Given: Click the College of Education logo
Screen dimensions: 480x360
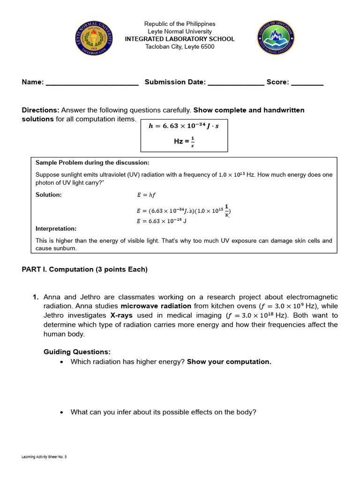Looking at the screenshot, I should [x=276, y=39].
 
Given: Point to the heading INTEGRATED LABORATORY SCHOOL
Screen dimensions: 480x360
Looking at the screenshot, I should [x=180, y=39].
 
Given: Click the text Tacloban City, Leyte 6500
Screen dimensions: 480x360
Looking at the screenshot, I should [x=180, y=46].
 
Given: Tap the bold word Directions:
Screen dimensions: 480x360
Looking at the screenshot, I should [x=40, y=110].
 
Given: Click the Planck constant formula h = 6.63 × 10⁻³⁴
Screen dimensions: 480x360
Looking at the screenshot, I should [x=184, y=126].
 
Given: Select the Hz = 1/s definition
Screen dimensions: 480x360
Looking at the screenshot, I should [x=184, y=141].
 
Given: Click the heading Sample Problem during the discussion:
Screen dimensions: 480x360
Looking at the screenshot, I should [x=92, y=163].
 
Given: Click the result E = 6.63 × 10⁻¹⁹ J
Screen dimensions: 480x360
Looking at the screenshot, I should [x=162, y=221].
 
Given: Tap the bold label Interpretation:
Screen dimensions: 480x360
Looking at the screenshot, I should [x=56, y=229].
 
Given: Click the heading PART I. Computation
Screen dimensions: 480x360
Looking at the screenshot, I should [x=84, y=269].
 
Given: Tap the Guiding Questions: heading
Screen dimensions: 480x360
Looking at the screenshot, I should [x=77, y=352].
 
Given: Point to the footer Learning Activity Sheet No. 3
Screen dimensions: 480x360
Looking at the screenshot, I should [x=45, y=457].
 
